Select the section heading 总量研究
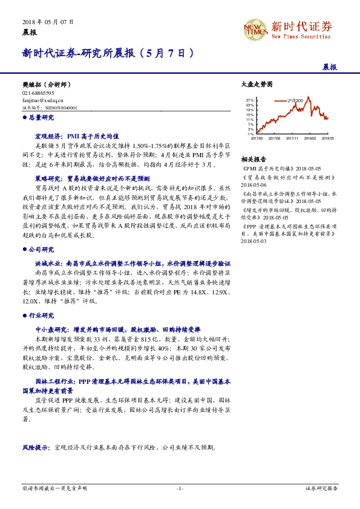(42, 118)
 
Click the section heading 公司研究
(42, 249)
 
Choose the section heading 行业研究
(42, 316)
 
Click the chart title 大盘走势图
(257, 84)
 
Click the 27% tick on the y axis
(250, 100)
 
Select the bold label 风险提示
(36, 449)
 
